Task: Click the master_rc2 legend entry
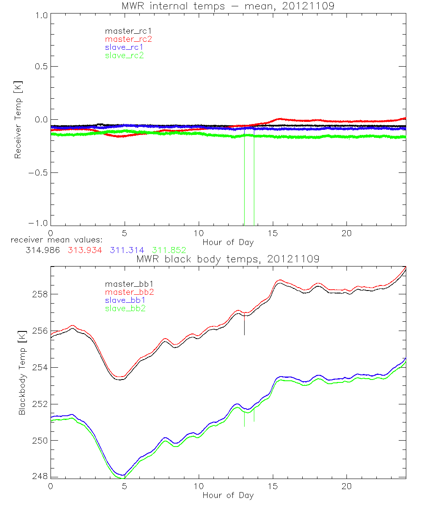128,39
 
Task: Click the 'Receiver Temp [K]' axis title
18,120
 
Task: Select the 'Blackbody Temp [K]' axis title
22,372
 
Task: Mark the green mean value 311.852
169,250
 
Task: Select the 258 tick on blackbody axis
40,294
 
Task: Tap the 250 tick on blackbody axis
40,440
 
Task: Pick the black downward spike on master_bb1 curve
245,327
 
